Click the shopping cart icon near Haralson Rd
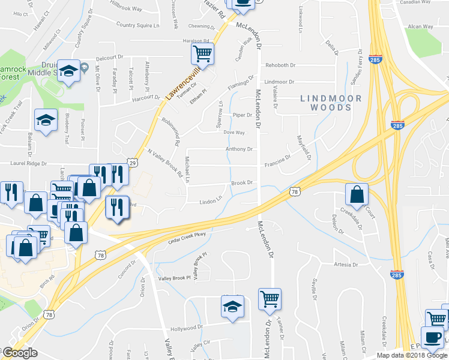pos(202,54)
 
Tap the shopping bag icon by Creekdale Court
pos(357,194)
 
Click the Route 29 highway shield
pos(133,162)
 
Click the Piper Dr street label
pos(242,115)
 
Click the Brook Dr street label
pos(241,182)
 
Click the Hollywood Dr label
pos(186,328)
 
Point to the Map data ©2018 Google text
pos(411,355)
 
